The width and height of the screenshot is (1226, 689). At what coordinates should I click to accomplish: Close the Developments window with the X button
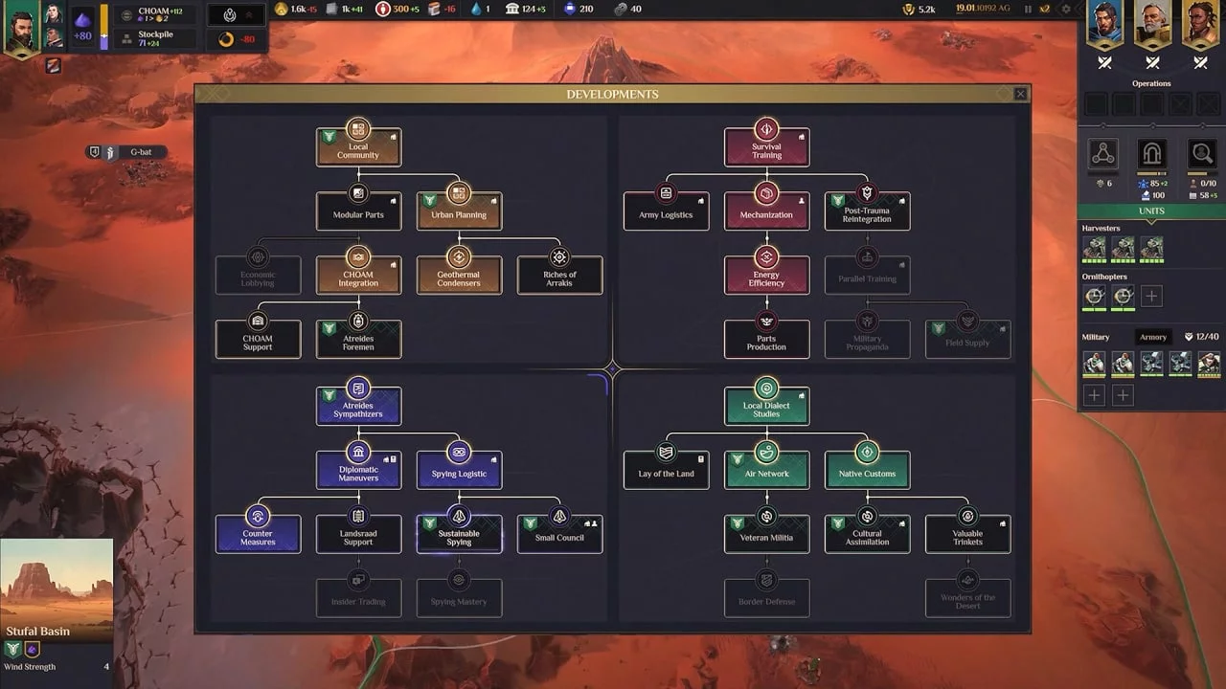click(1020, 94)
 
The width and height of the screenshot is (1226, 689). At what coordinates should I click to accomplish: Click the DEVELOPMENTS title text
click(612, 94)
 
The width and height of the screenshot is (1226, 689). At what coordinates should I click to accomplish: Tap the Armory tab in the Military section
click(1153, 337)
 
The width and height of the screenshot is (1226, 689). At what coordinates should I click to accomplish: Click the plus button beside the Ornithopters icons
click(1151, 297)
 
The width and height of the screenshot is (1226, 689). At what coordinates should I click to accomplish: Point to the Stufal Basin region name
click(38, 632)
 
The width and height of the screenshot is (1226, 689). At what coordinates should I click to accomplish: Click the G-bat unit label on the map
click(141, 152)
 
